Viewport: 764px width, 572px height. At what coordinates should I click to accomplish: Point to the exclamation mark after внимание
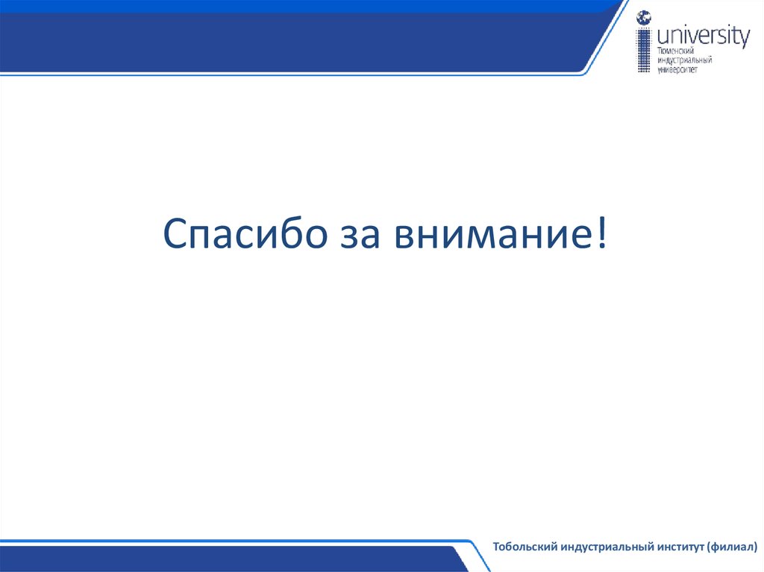point(601,234)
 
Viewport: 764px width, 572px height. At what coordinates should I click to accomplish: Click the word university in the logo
point(703,35)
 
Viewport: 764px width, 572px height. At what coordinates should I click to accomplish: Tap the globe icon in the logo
point(643,18)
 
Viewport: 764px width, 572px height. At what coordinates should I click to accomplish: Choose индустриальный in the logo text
point(683,59)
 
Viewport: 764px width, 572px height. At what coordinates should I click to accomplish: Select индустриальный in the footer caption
point(604,547)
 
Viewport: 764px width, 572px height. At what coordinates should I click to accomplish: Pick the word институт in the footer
point(679,547)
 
